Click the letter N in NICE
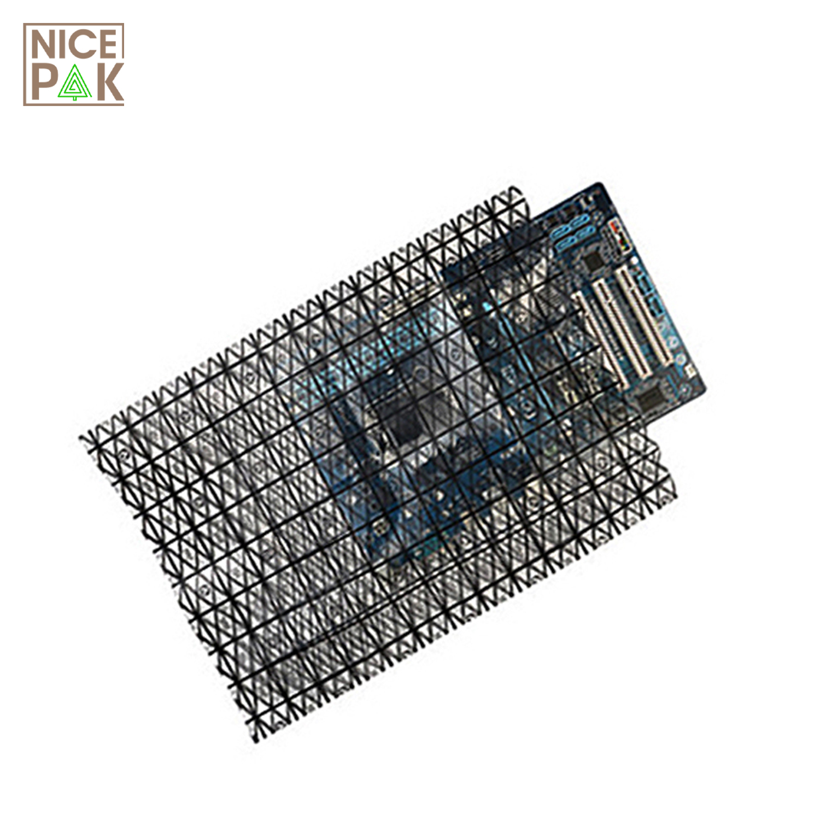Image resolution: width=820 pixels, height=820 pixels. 43,45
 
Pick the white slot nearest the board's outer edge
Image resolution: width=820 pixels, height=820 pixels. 645,317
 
